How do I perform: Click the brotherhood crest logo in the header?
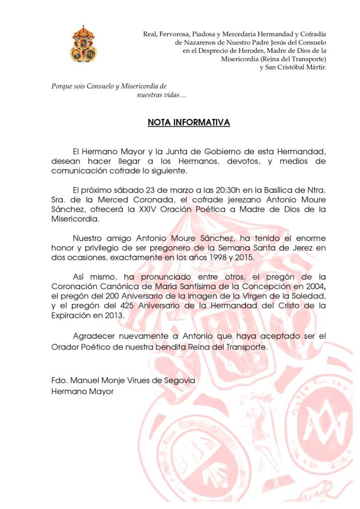tap(83, 44)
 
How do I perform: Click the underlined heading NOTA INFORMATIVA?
tap(189, 122)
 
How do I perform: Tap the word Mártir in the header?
tap(315, 67)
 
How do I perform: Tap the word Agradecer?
tap(94, 336)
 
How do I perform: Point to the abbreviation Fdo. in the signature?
tap(59, 380)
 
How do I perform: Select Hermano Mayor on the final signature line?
tap(82, 391)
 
